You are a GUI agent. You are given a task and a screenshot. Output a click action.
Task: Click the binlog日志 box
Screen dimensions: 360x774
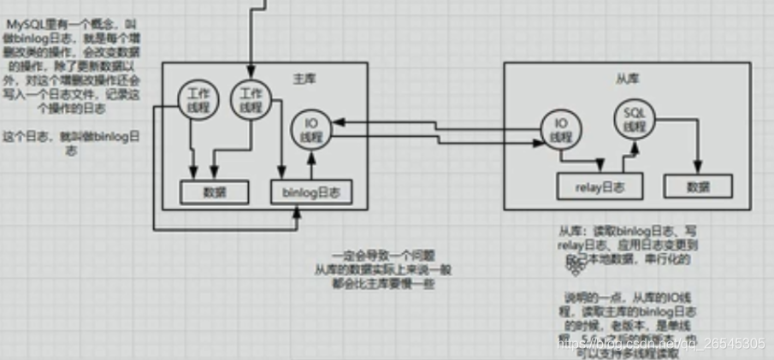(x=310, y=193)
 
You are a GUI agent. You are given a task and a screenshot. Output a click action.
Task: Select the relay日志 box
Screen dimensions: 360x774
(x=596, y=186)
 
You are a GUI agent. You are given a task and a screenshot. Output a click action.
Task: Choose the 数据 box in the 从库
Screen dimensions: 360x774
(x=698, y=186)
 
